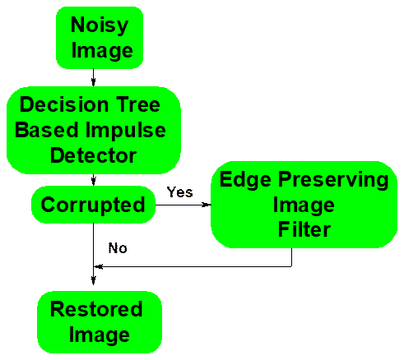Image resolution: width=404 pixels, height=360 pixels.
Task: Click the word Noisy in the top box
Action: coord(100,25)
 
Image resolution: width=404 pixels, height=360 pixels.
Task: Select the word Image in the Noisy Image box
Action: coord(102,51)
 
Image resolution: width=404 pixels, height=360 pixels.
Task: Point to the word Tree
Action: coord(138,104)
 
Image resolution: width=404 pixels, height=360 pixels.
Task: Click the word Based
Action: coord(47,130)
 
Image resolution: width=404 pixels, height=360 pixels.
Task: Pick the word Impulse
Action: coord(126,131)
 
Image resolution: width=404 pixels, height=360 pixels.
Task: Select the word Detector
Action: coord(94,155)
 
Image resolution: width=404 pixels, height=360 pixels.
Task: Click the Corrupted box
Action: coord(93,205)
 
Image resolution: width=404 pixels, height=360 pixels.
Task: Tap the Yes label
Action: coord(179,192)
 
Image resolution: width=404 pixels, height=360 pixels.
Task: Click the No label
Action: coord(118,248)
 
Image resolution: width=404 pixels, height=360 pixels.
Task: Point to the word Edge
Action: coord(245,181)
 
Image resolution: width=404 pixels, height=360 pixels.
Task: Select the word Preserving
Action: coord(333,181)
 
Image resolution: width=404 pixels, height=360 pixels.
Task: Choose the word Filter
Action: coord(304,229)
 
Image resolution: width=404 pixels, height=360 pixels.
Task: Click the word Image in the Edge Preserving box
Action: coord(304,205)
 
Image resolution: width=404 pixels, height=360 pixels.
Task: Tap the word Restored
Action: coord(96,309)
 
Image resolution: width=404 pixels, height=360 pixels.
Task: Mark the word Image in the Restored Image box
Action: coord(100,335)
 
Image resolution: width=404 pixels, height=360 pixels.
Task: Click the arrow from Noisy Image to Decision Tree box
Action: coord(93,77)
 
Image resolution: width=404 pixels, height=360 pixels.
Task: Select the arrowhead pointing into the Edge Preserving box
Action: coord(207,205)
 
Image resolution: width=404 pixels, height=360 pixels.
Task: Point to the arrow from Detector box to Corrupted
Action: coord(94,180)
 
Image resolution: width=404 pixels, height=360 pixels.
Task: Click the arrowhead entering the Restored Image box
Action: coord(94,281)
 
